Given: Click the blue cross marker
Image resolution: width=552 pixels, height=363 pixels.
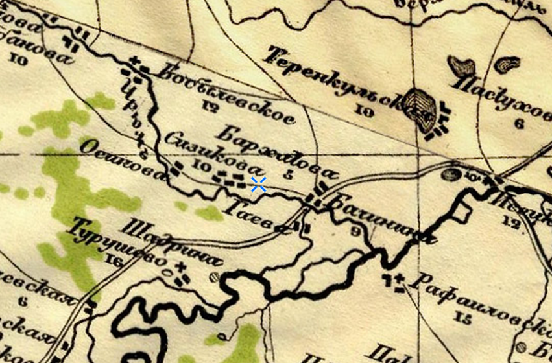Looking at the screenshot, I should pyautogui.click(x=258, y=185).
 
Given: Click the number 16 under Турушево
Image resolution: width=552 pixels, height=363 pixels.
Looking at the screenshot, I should pyautogui.click(x=117, y=262).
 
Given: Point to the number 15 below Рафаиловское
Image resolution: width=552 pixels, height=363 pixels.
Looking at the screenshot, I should pyautogui.click(x=462, y=317).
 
